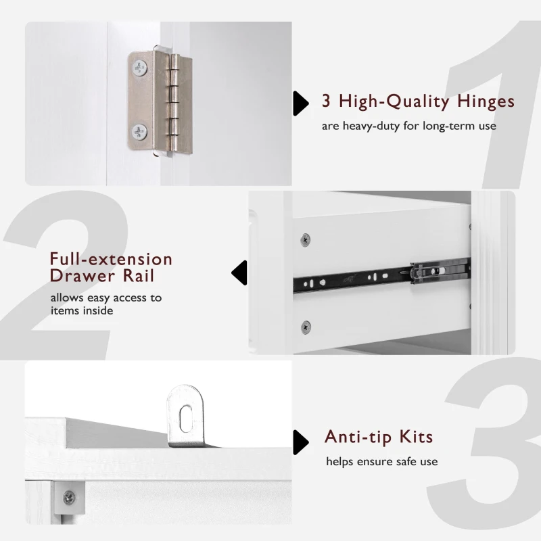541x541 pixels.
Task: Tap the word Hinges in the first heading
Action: (483, 102)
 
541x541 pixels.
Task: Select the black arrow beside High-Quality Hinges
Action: (298, 102)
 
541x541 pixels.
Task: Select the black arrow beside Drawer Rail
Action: (237, 273)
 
